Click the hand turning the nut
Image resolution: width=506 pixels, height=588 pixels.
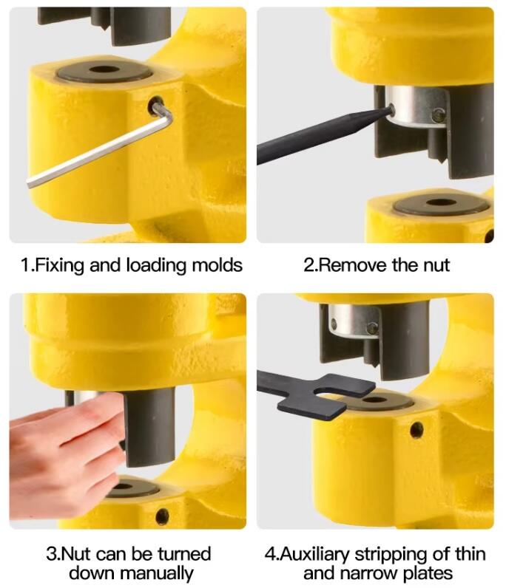[66, 454]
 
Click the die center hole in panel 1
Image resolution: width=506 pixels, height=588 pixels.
[104, 69]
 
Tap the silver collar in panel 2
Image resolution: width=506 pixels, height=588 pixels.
[416, 106]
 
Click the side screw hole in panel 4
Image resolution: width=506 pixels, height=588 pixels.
[416, 430]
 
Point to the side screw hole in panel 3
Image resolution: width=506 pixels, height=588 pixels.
[162, 516]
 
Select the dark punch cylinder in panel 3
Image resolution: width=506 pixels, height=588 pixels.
[149, 428]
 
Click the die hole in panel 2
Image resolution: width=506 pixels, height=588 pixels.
[442, 202]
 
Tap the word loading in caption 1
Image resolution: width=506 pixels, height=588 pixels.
[157, 266]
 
